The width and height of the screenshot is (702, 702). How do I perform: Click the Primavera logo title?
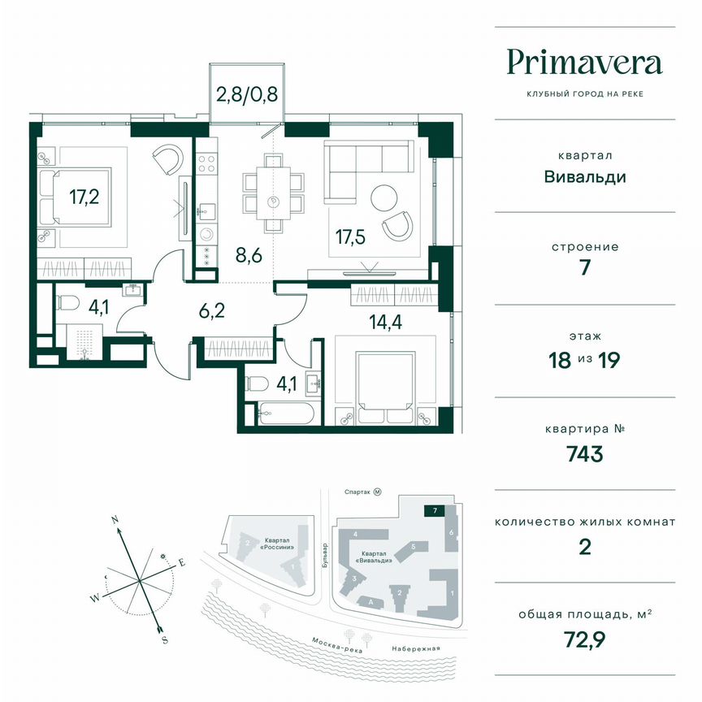tap(584, 62)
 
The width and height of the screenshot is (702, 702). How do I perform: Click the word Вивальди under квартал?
tap(584, 176)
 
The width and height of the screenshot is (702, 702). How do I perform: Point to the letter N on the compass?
tap(115, 518)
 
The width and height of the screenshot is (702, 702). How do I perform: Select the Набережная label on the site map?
tap(414, 648)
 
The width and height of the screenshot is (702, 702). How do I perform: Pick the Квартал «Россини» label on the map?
tap(278, 541)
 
